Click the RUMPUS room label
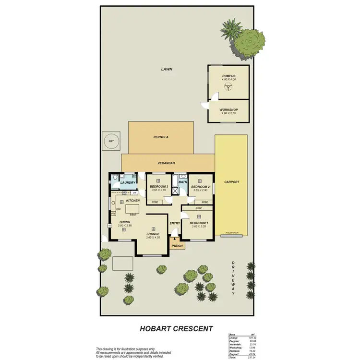[228, 76]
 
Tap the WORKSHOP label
[228, 109]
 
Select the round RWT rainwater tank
[111, 141]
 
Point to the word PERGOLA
[161, 137]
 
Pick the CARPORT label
[231, 182]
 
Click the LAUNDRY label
[128, 182]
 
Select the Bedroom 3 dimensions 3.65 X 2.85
[159, 190]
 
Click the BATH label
[182, 182]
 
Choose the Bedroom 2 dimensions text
[200, 190]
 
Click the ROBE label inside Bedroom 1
[199, 209]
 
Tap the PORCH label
[177, 246]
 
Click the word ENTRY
[174, 223]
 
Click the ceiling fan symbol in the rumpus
[228, 87]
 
